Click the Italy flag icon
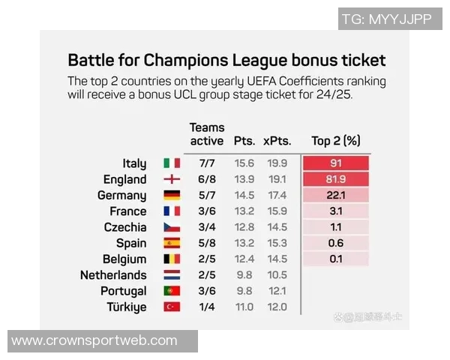(x=172, y=163)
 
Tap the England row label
(x=125, y=180)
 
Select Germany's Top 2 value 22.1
(x=336, y=196)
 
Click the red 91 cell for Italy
(x=336, y=163)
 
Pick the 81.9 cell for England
(x=336, y=180)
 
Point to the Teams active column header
(x=206, y=134)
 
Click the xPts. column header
(x=276, y=141)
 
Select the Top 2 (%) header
(x=336, y=141)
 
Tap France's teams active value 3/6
(x=208, y=211)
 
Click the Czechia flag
(x=172, y=227)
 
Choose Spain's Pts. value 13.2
(x=244, y=243)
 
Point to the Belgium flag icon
(x=172, y=259)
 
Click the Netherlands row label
(x=113, y=275)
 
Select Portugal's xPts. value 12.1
(x=277, y=291)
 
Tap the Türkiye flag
(x=172, y=307)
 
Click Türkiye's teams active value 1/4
(x=208, y=307)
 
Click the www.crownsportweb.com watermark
(x=94, y=341)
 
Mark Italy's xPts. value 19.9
(x=277, y=163)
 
